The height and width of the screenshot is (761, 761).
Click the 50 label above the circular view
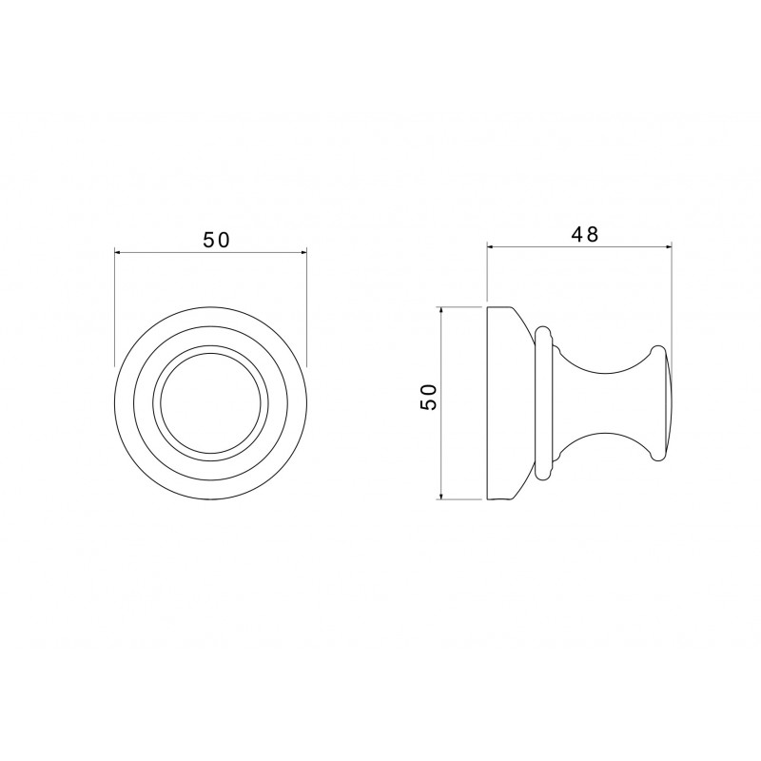pos(216,240)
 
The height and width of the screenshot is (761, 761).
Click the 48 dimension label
pos(585,234)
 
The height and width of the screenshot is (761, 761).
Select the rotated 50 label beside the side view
pos(429,397)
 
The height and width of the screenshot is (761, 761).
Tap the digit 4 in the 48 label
pos(578,234)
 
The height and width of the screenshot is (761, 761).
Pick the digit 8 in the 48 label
pos(593,234)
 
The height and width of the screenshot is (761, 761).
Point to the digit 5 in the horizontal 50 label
pos(208,240)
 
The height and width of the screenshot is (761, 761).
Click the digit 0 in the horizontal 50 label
pos(224,240)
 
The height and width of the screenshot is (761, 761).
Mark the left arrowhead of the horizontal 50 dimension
pos(118,252)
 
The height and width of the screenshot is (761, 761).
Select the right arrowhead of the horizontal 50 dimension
pos(303,252)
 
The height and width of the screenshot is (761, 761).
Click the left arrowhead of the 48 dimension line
pos(491,247)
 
